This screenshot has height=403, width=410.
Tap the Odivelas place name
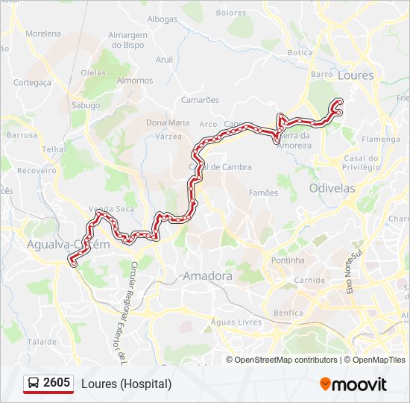332,189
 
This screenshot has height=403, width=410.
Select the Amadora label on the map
207,276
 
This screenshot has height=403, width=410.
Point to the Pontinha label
288,260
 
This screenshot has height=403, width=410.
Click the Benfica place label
288,313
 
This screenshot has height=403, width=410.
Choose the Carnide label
309,280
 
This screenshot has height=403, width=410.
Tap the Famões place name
263,193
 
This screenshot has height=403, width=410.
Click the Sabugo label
85,105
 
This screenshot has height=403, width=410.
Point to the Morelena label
43,34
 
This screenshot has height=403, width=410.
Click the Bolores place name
230,13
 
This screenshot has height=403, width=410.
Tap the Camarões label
200,99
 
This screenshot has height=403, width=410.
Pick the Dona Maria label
168,122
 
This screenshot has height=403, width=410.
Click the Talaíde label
42,341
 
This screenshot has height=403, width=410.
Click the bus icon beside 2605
34,384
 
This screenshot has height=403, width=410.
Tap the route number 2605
57,384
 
